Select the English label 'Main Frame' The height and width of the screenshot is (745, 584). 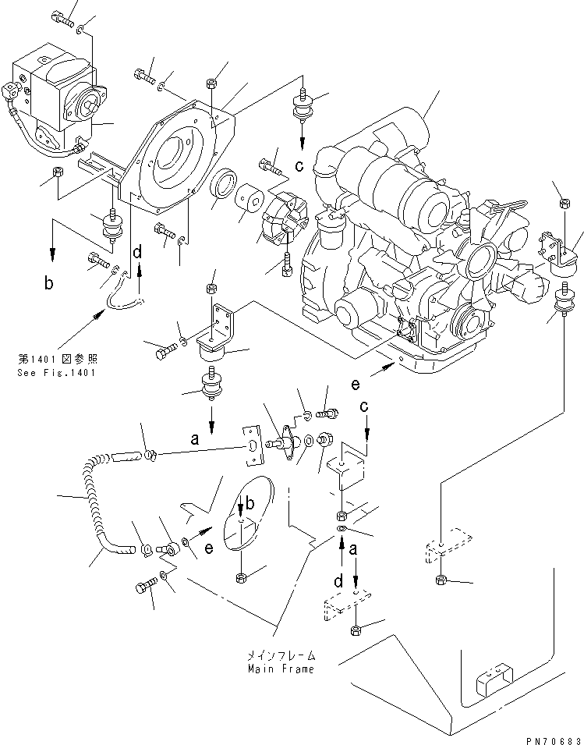[x=281, y=669]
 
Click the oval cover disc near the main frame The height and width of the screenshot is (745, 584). [x=243, y=518]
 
